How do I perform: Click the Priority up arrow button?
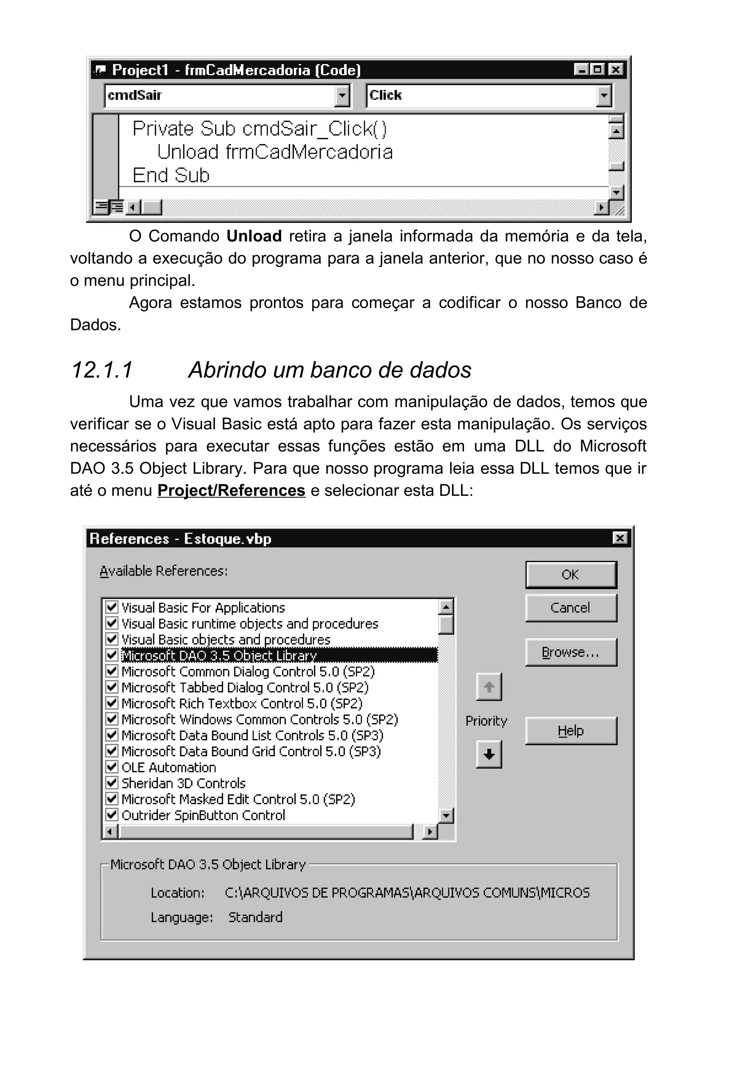coord(489,687)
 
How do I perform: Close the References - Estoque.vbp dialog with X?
coord(619,538)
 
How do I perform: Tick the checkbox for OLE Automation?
coord(112,767)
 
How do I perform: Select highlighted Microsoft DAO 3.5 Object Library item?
coord(219,655)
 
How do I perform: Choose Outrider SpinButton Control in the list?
coord(203,815)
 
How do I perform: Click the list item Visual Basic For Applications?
coord(203,608)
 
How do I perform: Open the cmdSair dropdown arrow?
coord(342,96)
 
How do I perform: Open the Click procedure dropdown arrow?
coord(603,96)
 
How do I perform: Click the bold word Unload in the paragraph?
coord(254,236)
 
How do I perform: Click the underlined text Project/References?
coord(231,490)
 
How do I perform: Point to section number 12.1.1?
coord(101,370)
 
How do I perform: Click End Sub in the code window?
coord(171,175)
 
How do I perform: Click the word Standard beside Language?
coord(255,917)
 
